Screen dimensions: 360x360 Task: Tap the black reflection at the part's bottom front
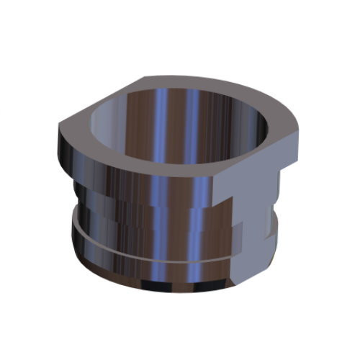166,284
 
